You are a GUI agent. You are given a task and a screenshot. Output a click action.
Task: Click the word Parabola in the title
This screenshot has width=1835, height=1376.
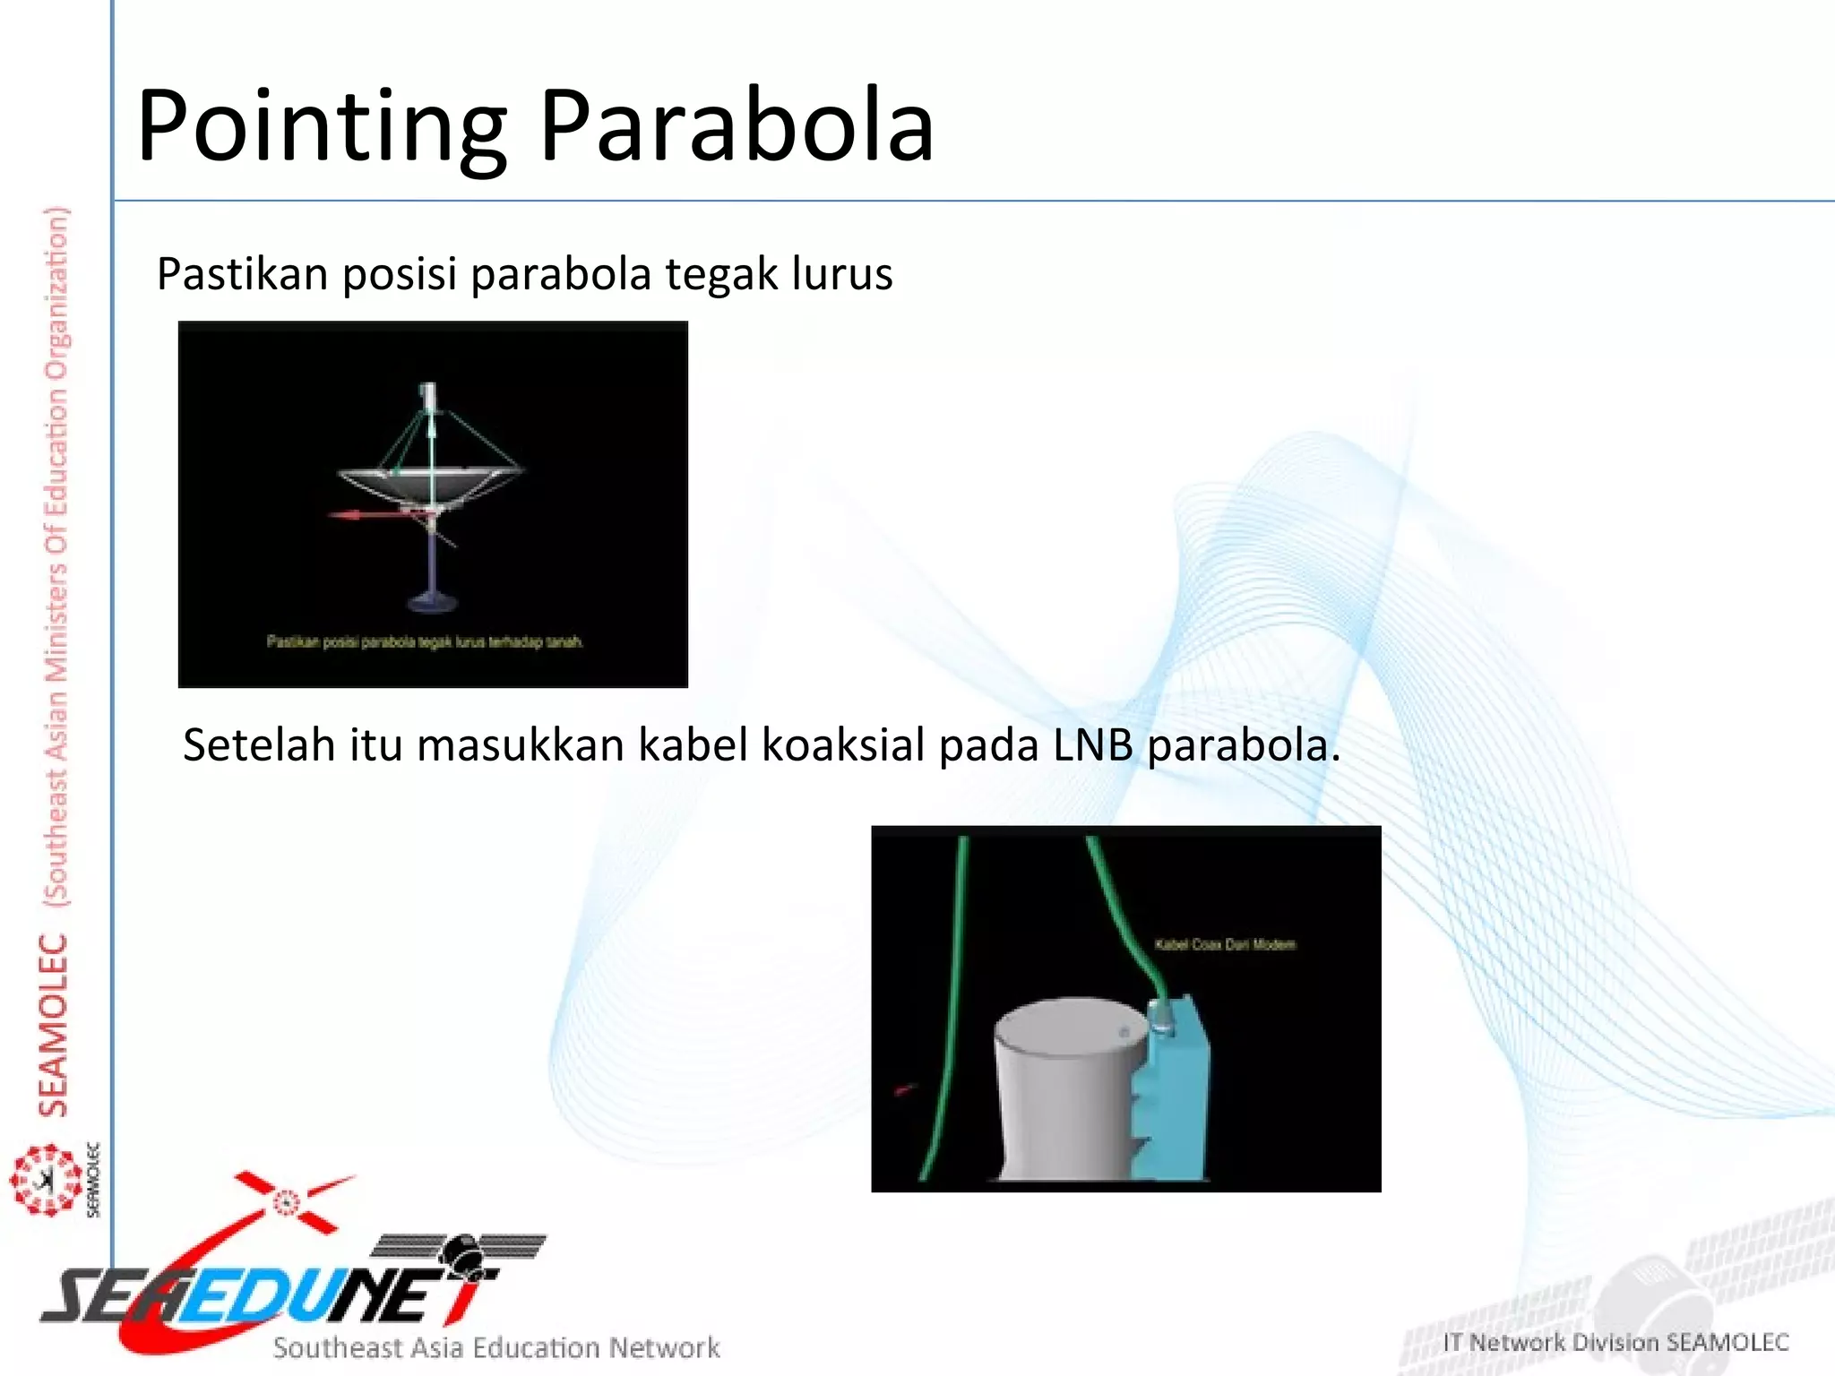coord(737,127)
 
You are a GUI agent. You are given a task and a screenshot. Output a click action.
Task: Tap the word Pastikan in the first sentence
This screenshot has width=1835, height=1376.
coord(242,273)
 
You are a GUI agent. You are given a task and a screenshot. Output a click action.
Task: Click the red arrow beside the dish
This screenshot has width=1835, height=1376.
coord(358,515)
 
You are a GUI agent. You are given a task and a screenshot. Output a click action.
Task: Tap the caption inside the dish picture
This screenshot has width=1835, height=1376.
coord(425,641)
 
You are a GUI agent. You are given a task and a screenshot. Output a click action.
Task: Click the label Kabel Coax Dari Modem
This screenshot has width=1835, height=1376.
coord(1224,944)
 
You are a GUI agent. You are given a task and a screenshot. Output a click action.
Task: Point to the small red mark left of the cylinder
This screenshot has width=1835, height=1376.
coord(905,1089)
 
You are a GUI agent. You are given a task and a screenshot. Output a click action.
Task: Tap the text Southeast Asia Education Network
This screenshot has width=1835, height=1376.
coord(496,1347)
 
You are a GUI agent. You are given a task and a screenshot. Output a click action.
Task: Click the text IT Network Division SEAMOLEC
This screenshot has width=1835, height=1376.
coord(1615,1342)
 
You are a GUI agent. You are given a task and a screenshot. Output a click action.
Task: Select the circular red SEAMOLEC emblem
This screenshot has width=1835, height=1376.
coord(45,1180)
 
